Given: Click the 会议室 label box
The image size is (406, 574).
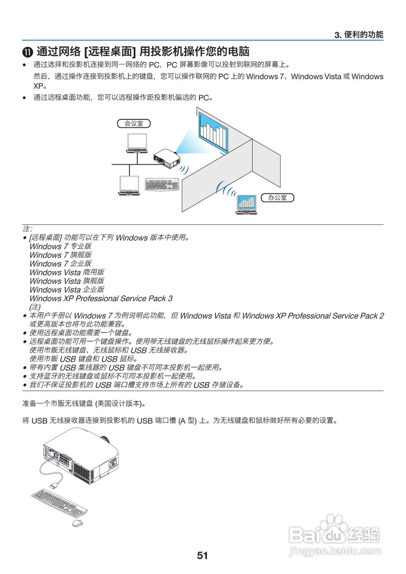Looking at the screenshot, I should tap(134, 123).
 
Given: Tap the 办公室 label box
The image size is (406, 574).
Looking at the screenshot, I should tap(277, 197).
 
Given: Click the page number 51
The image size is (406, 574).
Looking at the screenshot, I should tap(203, 556).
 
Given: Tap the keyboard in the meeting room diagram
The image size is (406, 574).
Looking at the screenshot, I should tap(161, 184).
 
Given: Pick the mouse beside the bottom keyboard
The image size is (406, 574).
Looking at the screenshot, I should tap(78, 523).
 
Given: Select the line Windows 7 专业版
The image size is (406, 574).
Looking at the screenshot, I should tap(60, 246).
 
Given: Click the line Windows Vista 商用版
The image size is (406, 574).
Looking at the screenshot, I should tap(67, 272).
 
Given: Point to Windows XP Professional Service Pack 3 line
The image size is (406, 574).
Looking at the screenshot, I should tap(101, 298).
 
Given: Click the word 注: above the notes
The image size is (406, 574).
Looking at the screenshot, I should tap(27, 229).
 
